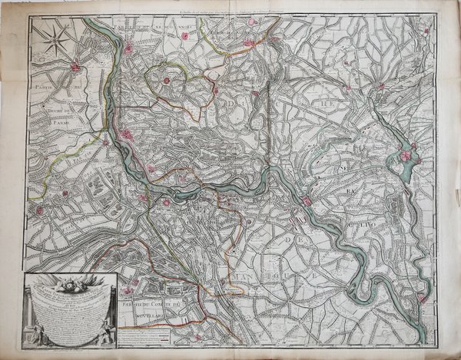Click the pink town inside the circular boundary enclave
click(165, 79)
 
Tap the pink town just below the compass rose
click(75, 68)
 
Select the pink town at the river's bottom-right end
click(421, 299)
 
